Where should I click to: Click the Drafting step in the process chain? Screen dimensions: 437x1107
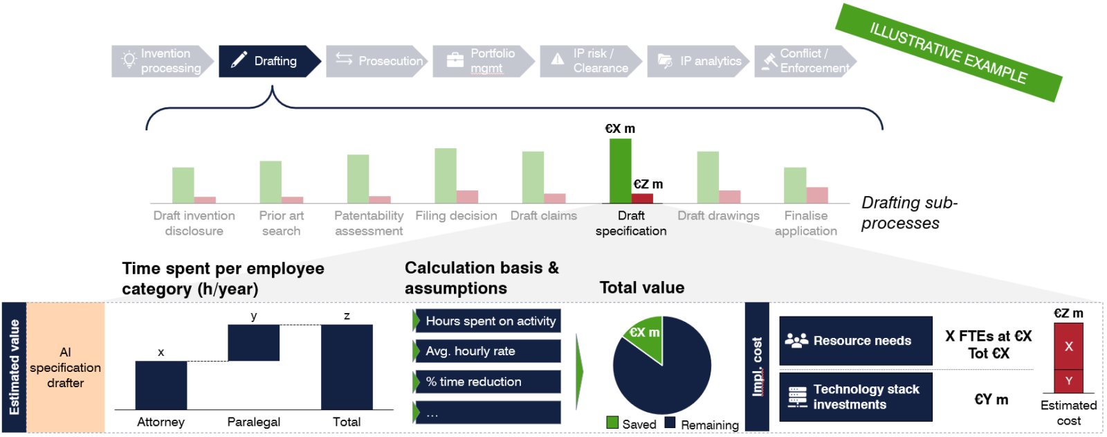269,61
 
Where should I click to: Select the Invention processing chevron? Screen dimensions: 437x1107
162,61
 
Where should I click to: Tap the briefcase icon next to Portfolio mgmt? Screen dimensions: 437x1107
455,60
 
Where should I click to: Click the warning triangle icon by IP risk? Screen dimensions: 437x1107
558,60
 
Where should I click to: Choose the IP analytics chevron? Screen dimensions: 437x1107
699,61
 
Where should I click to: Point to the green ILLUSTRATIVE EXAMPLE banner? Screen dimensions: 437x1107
948,53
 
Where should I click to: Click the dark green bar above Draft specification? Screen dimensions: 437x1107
620,170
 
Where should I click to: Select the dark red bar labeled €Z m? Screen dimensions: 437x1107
642,198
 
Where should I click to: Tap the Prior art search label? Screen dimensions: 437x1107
281,223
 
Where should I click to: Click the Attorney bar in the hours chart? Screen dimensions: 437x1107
161,385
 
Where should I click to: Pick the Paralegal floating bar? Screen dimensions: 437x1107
253,343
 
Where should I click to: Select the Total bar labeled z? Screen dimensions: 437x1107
347,367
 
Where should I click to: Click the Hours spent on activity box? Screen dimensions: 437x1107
488,321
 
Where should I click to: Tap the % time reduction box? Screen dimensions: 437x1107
488,382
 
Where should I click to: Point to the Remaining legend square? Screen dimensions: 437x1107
670,422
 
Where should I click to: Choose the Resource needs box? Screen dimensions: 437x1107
856,341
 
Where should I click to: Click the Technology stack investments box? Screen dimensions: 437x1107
856,397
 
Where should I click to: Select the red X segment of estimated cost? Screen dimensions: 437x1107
1068,346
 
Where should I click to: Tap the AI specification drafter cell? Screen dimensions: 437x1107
65,367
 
